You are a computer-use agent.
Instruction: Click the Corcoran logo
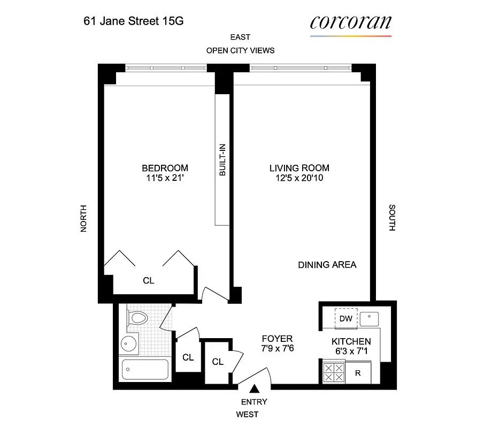tap(350, 23)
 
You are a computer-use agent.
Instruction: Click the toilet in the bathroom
tap(139, 319)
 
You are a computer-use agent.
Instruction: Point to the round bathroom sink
tap(128, 344)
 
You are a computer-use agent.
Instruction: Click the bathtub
tap(145, 370)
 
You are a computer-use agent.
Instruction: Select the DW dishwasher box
tap(346, 319)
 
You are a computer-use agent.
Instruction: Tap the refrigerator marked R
tap(358, 373)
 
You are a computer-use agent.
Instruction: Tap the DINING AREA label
tap(327, 265)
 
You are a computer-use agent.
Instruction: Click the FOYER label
tap(277, 339)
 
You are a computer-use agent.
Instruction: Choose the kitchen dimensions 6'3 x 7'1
tap(351, 351)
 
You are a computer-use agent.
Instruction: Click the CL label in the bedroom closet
tap(149, 280)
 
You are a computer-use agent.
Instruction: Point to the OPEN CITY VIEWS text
tap(240, 50)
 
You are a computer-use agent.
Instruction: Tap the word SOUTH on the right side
tap(392, 218)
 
